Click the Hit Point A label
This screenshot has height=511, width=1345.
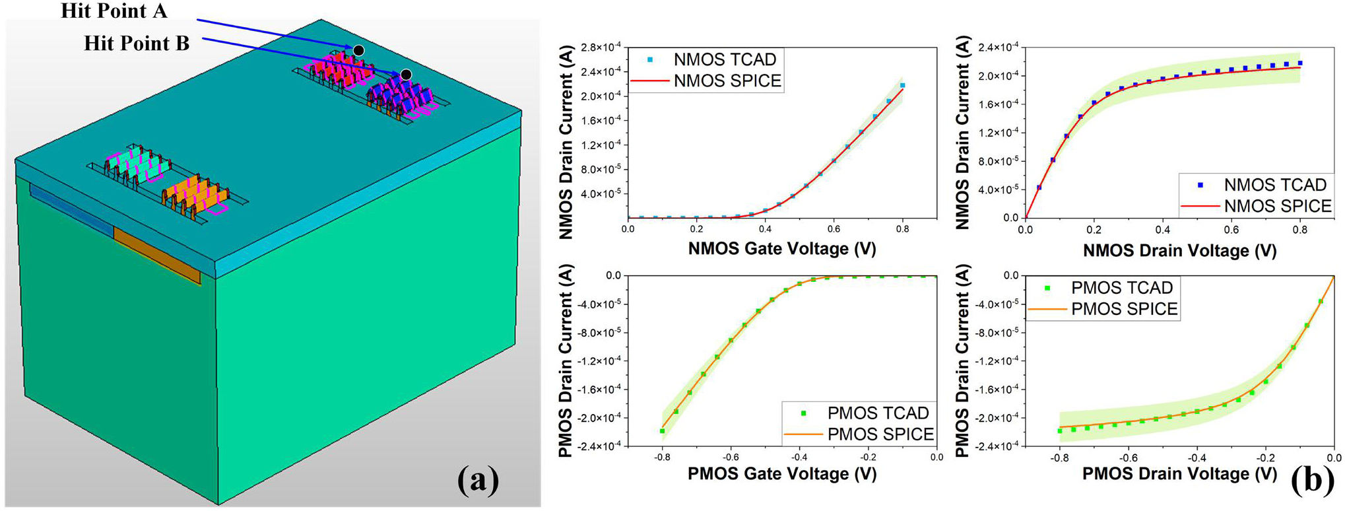114,11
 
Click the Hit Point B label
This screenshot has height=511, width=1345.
137,44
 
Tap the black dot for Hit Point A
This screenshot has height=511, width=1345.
358,50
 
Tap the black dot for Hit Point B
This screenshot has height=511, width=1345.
407,75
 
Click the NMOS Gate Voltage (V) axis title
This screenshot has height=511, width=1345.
782,249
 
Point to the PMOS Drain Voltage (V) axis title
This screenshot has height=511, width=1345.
1179,473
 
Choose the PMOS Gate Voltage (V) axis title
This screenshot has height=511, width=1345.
782,473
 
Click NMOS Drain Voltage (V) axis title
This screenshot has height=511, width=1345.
1179,251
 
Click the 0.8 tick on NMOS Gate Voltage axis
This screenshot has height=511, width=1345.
903,229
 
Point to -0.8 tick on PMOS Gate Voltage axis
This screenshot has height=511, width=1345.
661,457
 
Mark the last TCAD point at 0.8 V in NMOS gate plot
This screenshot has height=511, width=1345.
902,85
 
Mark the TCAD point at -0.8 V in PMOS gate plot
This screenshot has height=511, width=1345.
662,431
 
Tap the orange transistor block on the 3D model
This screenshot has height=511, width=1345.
195,195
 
